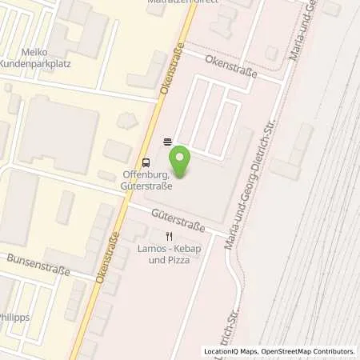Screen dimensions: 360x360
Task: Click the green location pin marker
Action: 182,161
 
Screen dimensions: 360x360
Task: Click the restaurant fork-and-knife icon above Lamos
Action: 168,236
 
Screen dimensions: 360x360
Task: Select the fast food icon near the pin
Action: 167,142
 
